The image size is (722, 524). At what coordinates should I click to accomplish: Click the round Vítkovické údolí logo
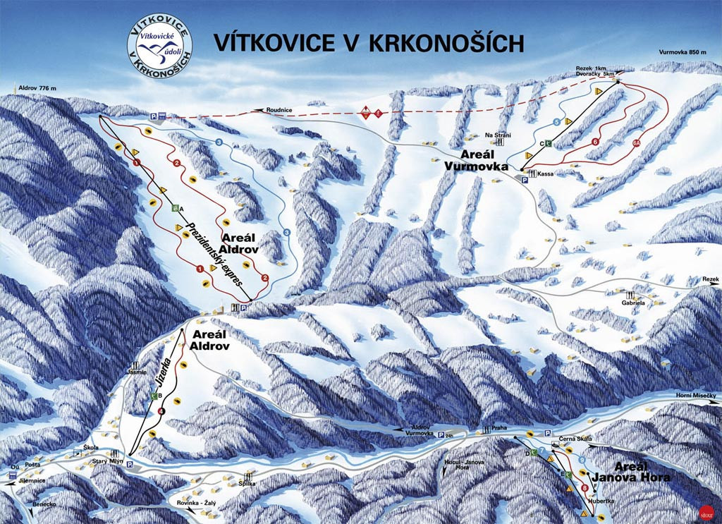coord(160,47)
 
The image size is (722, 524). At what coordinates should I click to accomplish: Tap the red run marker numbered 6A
coord(636,143)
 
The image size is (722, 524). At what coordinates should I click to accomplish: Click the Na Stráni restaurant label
coord(496,135)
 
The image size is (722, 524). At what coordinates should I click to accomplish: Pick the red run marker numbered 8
coord(585,488)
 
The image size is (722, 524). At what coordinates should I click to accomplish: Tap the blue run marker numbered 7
coord(541,451)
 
